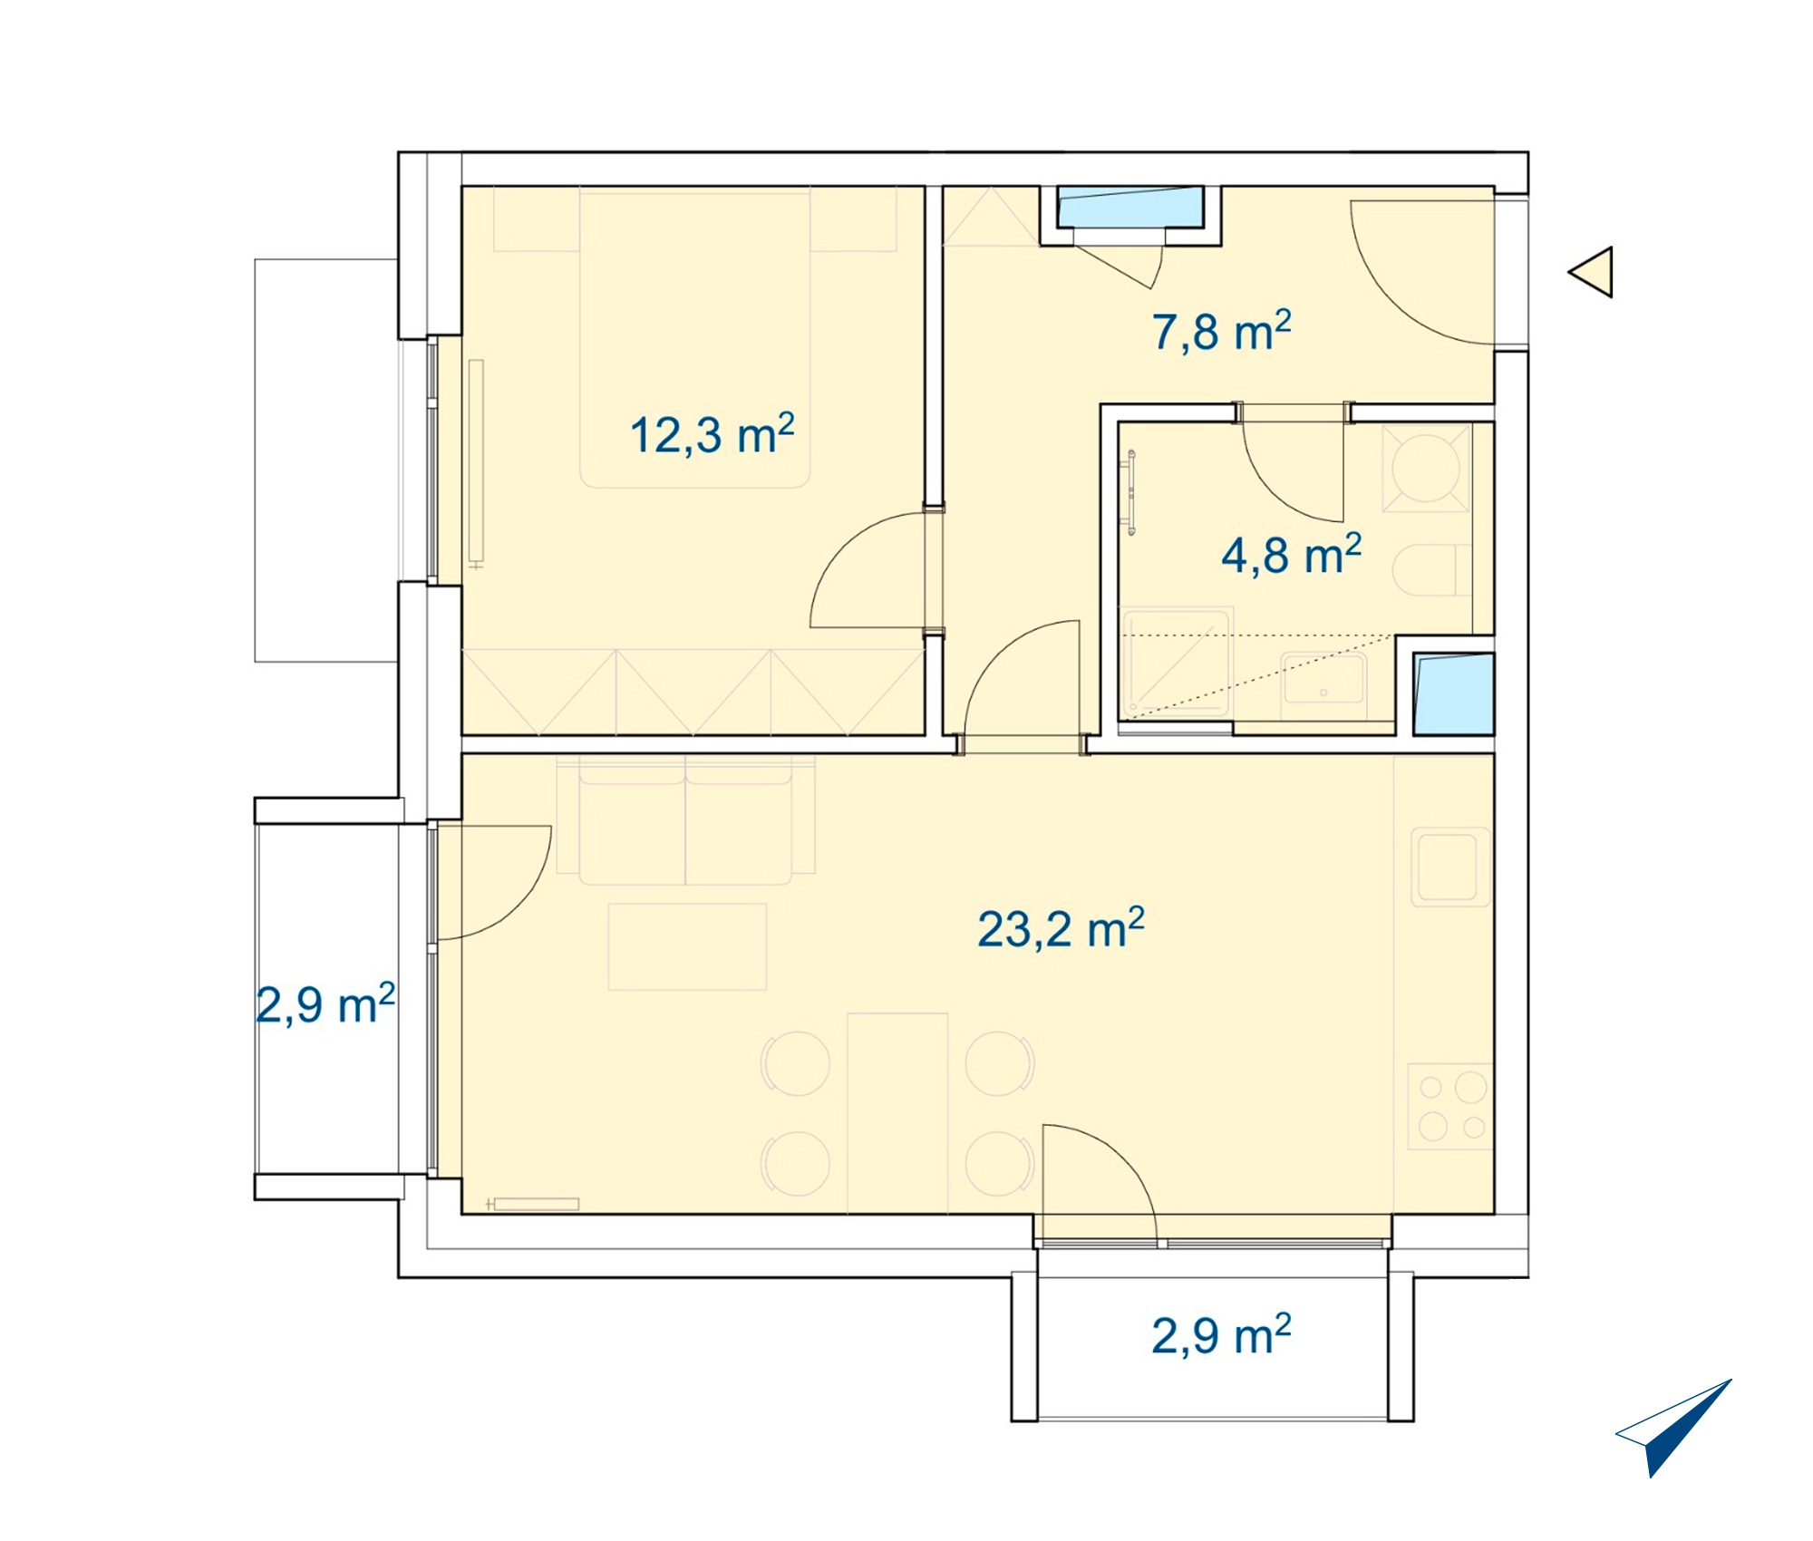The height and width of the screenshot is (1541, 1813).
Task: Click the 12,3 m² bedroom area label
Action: click(713, 434)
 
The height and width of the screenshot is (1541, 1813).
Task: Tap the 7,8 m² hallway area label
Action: click(1222, 331)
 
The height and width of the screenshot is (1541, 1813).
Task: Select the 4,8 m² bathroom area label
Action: click(1292, 554)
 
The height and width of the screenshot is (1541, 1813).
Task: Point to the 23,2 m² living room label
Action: click(1061, 928)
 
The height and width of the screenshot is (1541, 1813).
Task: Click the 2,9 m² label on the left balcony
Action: click(325, 1004)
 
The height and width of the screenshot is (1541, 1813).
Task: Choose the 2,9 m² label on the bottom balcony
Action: click(1221, 1334)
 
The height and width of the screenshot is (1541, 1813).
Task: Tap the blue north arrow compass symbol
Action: click(1673, 1429)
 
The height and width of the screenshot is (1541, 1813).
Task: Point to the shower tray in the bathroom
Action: click(1177, 664)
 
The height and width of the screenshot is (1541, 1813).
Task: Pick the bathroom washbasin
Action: click(1323, 687)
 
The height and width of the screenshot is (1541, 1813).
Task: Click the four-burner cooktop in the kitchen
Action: click(1450, 1107)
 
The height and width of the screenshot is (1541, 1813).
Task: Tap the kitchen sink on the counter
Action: click(1450, 867)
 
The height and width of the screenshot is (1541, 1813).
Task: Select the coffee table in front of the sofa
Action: click(687, 946)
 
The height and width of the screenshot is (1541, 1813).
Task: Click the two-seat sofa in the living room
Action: click(685, 819)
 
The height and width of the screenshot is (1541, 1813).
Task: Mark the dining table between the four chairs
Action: click(897, 1113)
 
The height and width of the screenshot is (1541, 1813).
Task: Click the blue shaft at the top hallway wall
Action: click(1129, 208)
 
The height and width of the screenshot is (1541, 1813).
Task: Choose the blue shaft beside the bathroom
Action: click(1454, 694)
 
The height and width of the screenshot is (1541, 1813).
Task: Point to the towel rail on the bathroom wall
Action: click(1131, 493)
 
